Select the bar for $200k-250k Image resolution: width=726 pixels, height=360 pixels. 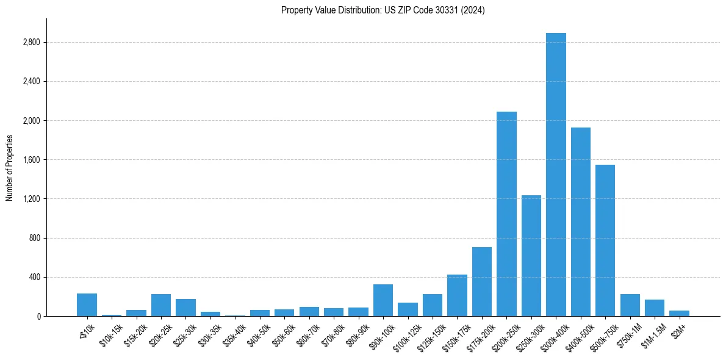(x=506, y=214)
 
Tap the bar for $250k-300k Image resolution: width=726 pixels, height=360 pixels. (x=531, y=256)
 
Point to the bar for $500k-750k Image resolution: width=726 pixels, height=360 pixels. (x=605, y=240)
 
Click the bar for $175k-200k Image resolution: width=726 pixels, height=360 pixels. (x=482, y=281)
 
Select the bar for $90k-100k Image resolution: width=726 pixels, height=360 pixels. (x=383, y=300)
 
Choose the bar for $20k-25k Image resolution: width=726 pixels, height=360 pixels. (x=161, y=305)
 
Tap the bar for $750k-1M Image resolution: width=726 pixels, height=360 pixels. (x=630, y=305)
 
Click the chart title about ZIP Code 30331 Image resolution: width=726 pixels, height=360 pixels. (x=383, y=10)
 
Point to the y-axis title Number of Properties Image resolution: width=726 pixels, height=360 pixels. (x=10, y=167)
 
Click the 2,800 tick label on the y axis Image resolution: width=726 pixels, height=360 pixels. (x=31, y=42)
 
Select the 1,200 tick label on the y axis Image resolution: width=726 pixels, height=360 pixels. (x=31, y=199)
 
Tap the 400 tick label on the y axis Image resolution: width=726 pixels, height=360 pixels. (x=34, y=277)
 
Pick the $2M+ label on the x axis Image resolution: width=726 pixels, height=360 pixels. (x=678, y=329)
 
